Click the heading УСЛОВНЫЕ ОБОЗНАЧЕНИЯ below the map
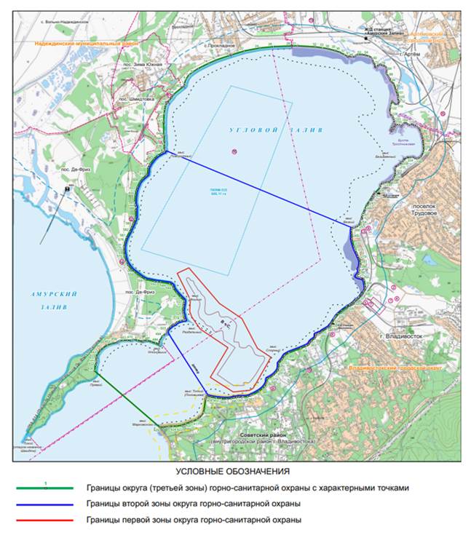[x=235, y=472]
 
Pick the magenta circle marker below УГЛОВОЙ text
[x=234, y=151]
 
